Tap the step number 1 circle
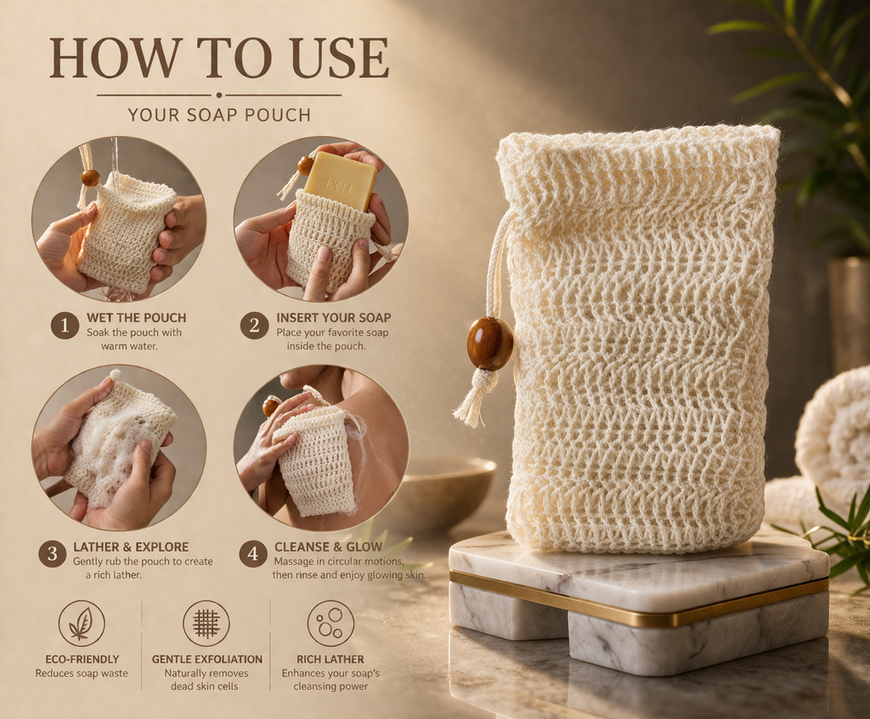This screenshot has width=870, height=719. point(65,326)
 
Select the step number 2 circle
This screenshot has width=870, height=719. point(254,326)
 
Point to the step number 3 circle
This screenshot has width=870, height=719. point(52,554)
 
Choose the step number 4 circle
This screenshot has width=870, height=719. point(253,554)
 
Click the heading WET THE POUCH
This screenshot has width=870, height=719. point(137,318)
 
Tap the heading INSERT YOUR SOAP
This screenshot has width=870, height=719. point(333,318)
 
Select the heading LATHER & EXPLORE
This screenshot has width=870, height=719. point(131,546)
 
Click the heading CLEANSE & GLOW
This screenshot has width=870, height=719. point(329,546)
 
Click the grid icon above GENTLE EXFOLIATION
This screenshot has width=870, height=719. point(206,623)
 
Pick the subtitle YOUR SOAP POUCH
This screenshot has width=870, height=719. point(219,115)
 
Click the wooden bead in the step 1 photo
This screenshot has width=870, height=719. point(90,178)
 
